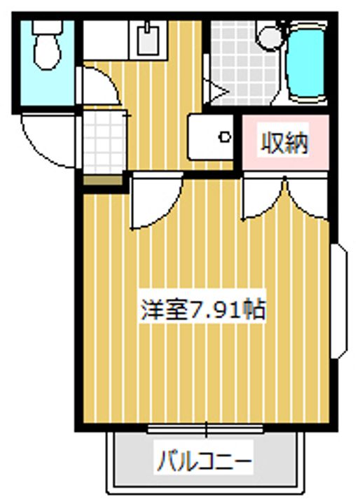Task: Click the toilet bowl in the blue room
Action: (x=48, y=52)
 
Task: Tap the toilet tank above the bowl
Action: (x=48, y=27)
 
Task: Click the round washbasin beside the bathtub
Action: (x=271, y=38)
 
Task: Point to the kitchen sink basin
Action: (x=148, y=39)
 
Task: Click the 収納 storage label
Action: (x=284, y=142)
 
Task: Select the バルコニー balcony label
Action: (x=204, y=461)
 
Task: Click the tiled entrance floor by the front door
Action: (x=104, y=142)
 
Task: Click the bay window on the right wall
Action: (x=339, y=301)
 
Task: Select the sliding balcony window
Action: (x=205, y=429)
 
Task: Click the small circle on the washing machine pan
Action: (x=225, y=138)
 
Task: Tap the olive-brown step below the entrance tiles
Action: (x=103, y=180)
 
